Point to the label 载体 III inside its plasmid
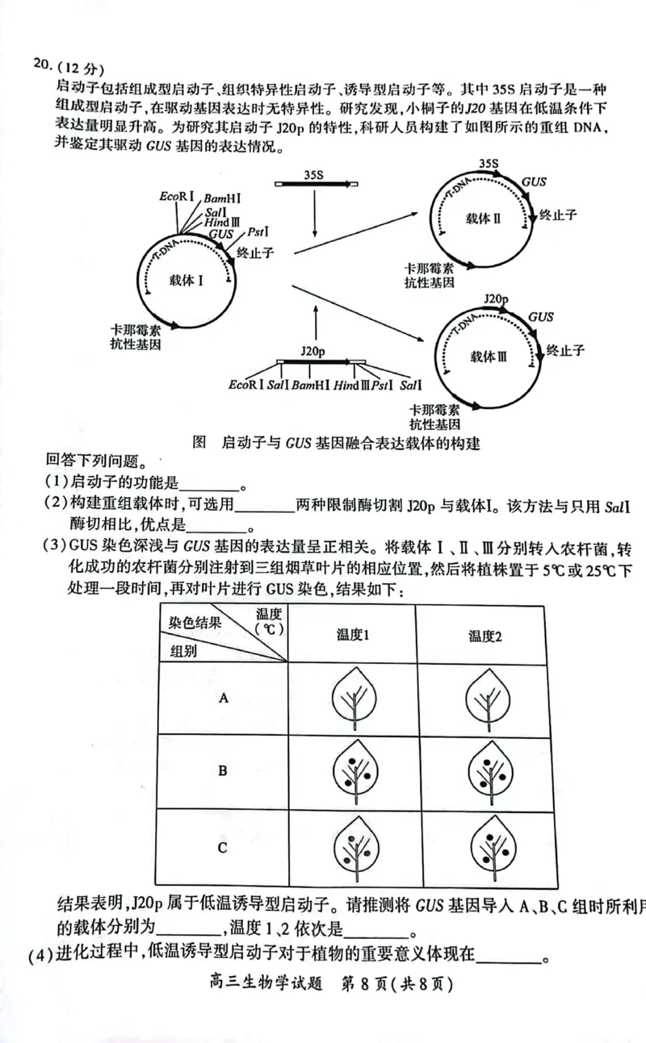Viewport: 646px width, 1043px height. pyautogui.click(x=489, y=357)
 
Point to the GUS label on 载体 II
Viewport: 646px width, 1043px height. pyautogui.click(x=533, y=182)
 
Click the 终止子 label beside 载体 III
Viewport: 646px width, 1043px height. pyautogui.click(x=565, y=350)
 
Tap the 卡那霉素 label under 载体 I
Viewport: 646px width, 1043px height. pyautogui.click(x=136, y=331)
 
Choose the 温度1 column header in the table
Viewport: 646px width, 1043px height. pyautogui.click(x=353, y=635)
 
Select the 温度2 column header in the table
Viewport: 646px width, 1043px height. pyautogui.click(x=485, y=636)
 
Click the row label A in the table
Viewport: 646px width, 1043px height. pyautogui.click(x=224, y=699)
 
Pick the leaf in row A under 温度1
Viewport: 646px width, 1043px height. pyautogui.click(x=353, y=699)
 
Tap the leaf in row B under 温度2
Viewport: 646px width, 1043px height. pyautogui.click(x=485, y=771)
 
